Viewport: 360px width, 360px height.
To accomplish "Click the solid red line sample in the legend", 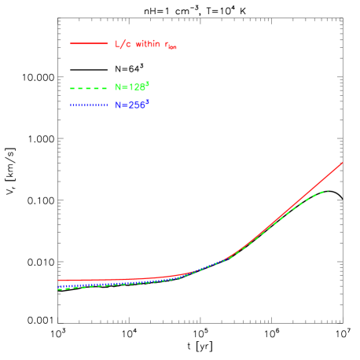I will pos(89,43).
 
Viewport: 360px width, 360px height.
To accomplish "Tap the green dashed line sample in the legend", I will pos(88,88).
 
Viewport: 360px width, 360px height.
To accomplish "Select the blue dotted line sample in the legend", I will pos(88,105).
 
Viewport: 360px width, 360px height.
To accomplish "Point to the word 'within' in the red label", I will pos(146,44).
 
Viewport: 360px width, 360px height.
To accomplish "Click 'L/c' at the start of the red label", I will pos(123,44).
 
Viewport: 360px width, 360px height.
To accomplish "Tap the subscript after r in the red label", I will pos(173,48).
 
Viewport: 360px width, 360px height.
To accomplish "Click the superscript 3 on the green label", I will pos(147,84).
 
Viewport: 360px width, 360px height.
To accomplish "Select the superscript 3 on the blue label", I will pos(147,101).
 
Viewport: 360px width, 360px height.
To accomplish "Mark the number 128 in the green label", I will pos(136,88).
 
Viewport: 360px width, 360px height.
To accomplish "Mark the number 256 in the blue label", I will pos(136,105).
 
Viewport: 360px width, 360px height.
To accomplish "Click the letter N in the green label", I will pos(119,88).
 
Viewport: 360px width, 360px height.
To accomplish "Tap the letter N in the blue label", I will pos(119,105).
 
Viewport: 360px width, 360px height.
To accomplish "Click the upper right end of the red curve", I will pos(343,163).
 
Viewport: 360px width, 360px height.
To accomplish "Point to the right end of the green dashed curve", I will pos(327,190).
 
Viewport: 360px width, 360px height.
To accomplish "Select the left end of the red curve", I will pos(59,280).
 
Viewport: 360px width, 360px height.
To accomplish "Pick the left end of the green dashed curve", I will pos(59,289).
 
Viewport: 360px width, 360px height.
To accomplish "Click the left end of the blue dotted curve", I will pos(59,287).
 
